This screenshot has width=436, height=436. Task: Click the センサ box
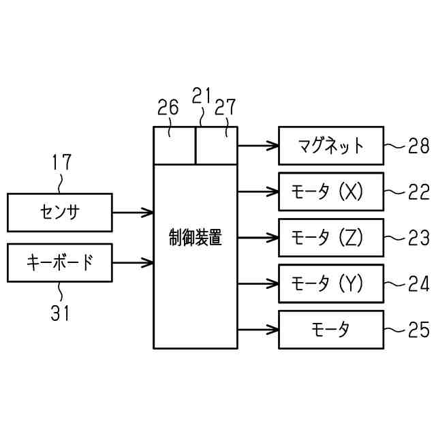pos(59,213)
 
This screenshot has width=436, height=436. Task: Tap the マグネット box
pos(331,145)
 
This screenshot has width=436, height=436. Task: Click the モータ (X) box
pos(331,192)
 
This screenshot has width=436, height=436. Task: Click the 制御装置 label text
pos(195,238)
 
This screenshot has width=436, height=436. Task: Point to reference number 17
pos(61,163)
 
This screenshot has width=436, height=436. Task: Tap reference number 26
pos(168,108)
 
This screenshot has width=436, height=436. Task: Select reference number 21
pos(201,97)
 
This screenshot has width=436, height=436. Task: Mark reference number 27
pos(225,108)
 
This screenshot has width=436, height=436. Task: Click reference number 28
pos(418,145)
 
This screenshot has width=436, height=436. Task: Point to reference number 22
pos(418,192)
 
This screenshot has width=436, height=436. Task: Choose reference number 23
pos(418,238)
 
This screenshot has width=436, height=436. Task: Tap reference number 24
pos(418,284)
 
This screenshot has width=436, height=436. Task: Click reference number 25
pos(418,330)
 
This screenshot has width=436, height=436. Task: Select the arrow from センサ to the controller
pos(132,213)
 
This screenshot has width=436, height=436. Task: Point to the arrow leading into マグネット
pos(258,145)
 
